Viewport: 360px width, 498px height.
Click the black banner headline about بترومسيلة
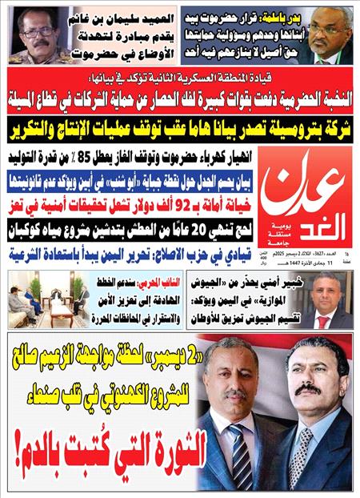click(180, 127)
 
